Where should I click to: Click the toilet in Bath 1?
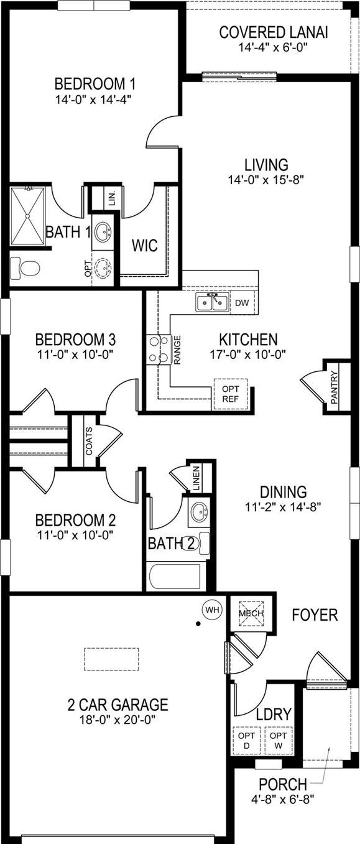pos(25,268)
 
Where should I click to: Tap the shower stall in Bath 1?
pos(27,216)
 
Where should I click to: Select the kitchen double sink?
pos(212,302)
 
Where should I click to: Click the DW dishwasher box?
pos(242,302)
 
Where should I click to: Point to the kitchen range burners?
pos(159,350)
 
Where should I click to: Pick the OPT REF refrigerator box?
pos(231,394)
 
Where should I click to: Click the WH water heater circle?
pos(213,610)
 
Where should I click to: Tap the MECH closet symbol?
pos(251,613)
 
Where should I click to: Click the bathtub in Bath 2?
pos(175,576)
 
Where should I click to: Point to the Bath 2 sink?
pos(198,512)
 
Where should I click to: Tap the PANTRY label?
pos(334,387)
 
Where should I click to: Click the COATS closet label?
pos(90,441)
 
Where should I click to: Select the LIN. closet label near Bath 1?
pos(112,197)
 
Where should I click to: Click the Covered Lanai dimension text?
pos(274,47)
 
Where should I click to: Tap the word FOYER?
pos(315,615)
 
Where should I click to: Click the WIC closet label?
pos(145,246)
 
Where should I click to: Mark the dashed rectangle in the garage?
pos(111,659)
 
